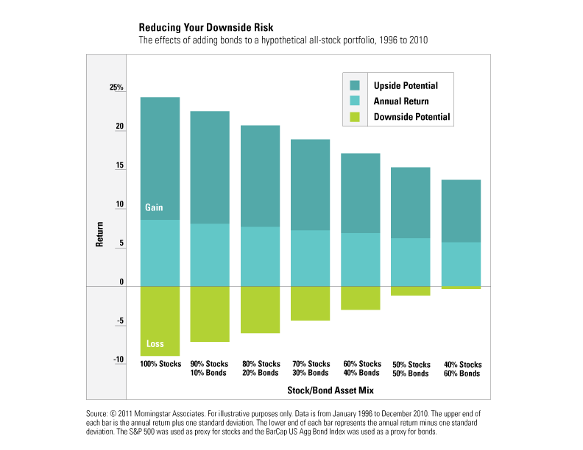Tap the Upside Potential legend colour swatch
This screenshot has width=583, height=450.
click(355, 85)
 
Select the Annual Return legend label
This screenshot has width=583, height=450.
click(400, 101)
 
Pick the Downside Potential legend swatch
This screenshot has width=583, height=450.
click(355, 116)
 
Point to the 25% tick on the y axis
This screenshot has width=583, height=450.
click(117, 87)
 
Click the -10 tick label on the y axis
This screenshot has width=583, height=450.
click(118, 359)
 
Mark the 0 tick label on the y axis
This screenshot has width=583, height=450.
click(121, 282)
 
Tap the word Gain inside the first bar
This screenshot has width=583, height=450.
click(154, 208)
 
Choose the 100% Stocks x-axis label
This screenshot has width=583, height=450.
click(161, 364)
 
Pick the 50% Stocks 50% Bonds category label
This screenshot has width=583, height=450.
click(411, 369)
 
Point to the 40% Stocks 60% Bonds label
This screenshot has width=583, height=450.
click(462, 369)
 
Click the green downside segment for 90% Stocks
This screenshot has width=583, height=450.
click(210, 314)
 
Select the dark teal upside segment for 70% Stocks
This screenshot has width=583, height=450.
click(311, 185)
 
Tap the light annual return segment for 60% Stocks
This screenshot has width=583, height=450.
click(361, 260)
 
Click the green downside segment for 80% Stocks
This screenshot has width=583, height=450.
click(260, 310)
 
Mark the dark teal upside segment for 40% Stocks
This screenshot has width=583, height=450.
click(461, 211)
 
